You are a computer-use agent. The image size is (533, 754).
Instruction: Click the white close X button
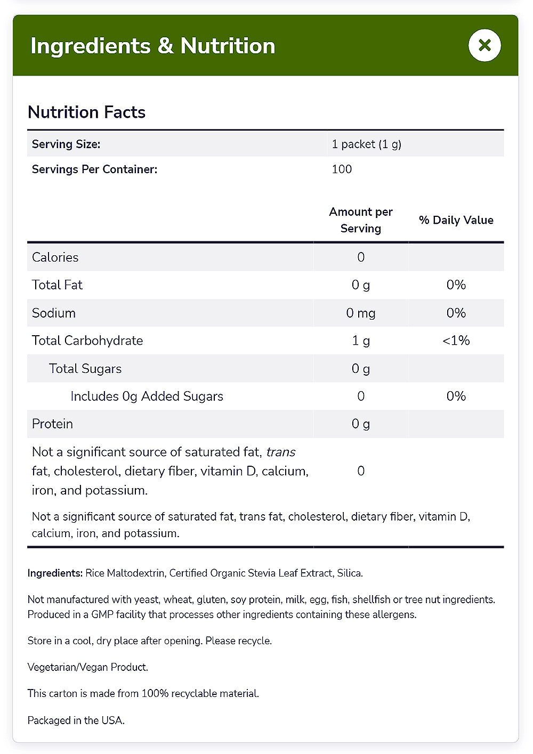coord(484,45)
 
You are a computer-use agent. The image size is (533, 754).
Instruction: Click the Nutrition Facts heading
coord(86,112)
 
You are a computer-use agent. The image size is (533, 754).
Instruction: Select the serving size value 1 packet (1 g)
coord(366,144)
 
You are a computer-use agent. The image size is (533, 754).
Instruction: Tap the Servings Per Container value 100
coord(342,169)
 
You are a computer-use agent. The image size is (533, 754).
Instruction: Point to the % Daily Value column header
coord(456,220)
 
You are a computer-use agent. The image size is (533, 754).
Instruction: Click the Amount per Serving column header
coord(361,220)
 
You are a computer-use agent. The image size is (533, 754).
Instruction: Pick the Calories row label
coord(55,257)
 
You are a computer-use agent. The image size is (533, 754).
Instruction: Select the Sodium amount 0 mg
coord(361,313)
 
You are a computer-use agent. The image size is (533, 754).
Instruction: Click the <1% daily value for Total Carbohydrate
coord(456,340)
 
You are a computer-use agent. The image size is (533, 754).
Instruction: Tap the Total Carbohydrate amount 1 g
coord(361,340)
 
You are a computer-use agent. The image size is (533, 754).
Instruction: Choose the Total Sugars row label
coord(85,368)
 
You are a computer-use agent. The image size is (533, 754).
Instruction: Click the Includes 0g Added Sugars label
coord(147,396)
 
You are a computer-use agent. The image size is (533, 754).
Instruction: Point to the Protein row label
coord(52,424)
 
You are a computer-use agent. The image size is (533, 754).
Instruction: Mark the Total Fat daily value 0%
coord(456,285)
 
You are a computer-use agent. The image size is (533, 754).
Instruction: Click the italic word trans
coord(281,452)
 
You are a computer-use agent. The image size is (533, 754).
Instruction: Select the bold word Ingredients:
coord(55,573)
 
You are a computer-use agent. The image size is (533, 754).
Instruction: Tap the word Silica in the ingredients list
coord(349,573)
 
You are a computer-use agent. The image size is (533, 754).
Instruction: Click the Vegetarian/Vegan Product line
coord(88,667)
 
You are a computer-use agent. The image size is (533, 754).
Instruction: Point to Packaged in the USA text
coord(76,720)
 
